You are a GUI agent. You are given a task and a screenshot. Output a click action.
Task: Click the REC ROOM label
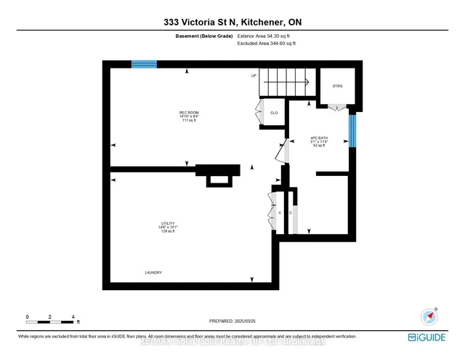pos(169,111)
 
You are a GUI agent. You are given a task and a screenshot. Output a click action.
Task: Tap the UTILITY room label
pos(169,223)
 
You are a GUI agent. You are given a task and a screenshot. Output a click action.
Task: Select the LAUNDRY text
pos(153,273)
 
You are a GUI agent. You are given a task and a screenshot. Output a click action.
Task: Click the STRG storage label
pos(337,86)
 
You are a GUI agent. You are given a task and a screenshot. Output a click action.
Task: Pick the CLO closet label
pos(274,113)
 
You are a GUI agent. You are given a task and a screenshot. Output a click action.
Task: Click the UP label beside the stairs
pos(254,76)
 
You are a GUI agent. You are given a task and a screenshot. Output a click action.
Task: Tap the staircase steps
pos(287,81)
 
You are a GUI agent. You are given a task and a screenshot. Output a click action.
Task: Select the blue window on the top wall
pos(144,64)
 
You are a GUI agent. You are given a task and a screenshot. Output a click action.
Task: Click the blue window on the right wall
pos(352,130)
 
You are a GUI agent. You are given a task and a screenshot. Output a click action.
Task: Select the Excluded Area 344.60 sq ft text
pos(267,44)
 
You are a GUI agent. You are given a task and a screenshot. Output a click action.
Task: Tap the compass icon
pos(429,316)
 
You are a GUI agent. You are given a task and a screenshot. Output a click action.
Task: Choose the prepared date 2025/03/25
pos(232,321)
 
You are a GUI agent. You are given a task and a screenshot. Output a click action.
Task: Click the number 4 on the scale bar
pos(73,317)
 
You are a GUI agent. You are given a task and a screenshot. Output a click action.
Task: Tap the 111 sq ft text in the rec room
pos(169,120)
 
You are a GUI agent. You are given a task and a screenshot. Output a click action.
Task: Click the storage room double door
pos(337,108)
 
